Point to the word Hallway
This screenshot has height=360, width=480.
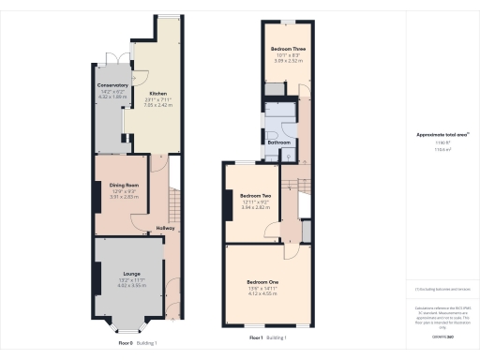click(x=165, y=229)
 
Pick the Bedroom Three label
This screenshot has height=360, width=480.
click(x=288, y=48)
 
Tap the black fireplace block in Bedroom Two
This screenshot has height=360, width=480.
click(x=228, y=203)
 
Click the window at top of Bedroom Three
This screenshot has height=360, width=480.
click(x=289, y=22)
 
